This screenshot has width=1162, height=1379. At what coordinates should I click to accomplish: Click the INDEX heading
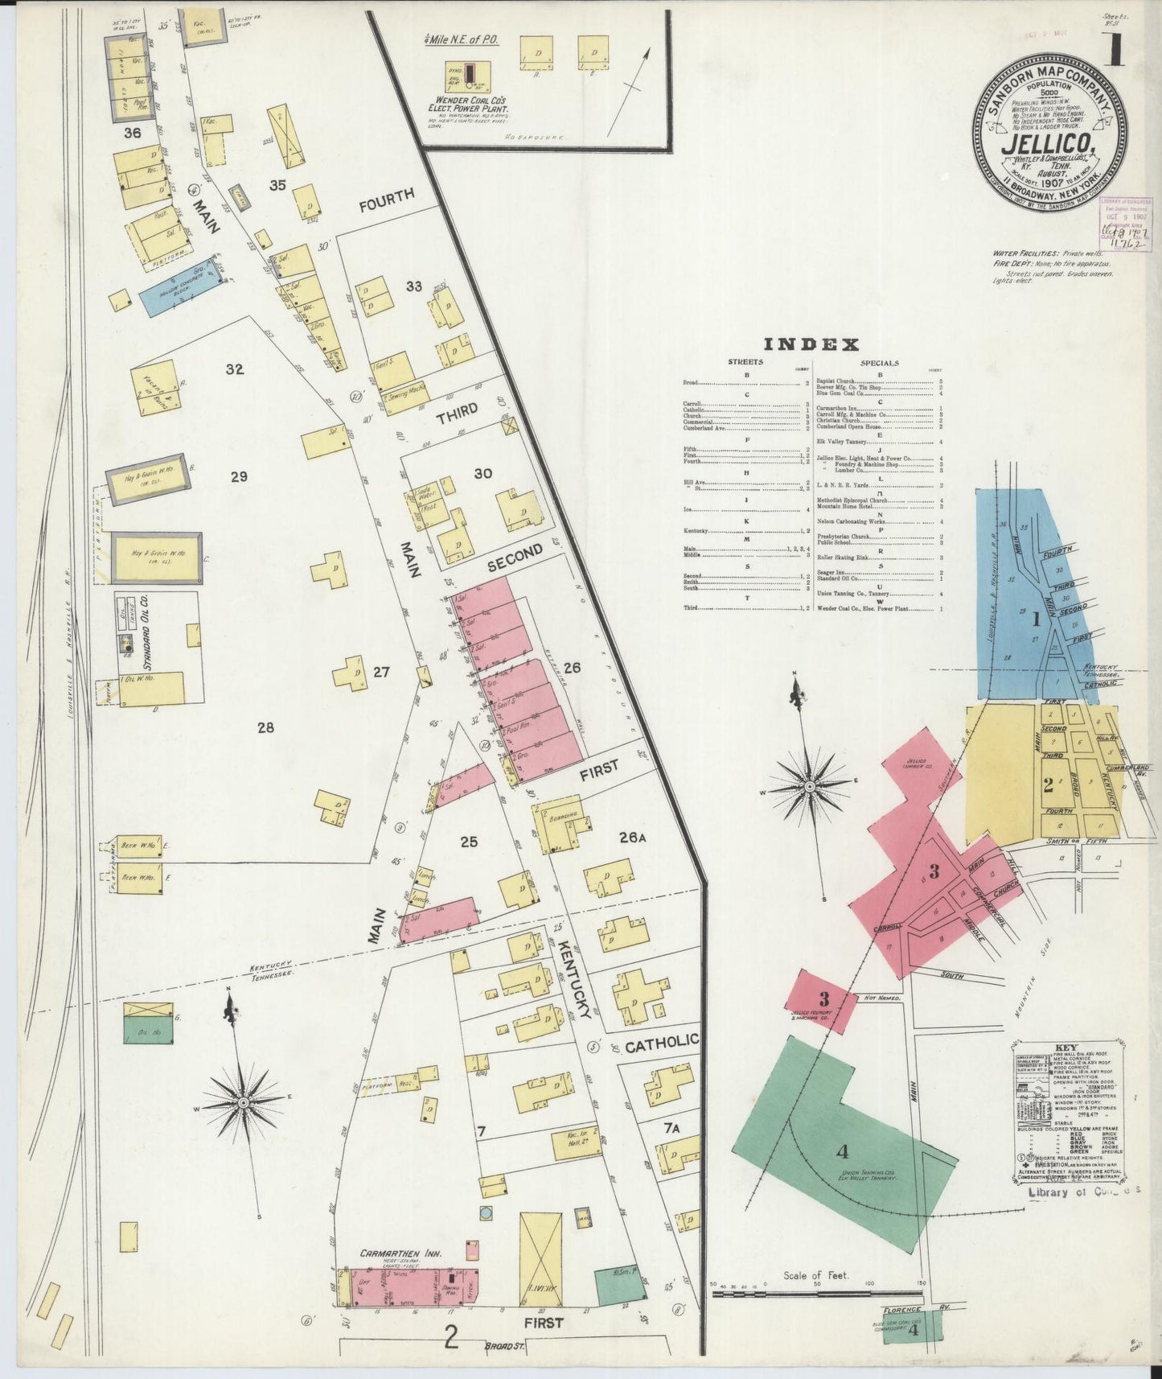coord(811,345)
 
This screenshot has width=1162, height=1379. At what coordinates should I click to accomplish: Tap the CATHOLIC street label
coord(661,1044)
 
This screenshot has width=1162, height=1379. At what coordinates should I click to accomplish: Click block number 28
coord(266,728)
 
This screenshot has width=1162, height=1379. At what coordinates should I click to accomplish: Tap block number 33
coord(414,286)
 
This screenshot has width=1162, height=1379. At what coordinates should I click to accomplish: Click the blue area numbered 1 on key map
coord(1036,619)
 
